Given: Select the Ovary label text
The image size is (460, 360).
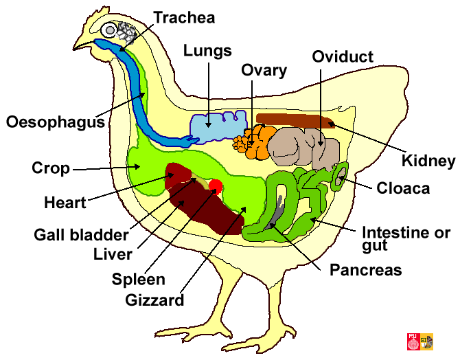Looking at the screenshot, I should [x=264, y=70].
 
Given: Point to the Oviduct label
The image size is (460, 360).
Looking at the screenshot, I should [x=343, y=56].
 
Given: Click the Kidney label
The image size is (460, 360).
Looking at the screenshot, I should [x=428, y=161].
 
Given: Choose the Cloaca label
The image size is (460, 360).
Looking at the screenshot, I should [x=403, y=188].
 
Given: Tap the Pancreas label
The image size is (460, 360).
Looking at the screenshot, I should [x=366, y=270].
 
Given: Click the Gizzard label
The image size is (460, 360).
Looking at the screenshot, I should [x=155, y=300].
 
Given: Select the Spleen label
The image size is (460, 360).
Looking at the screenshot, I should [x=139, y=278].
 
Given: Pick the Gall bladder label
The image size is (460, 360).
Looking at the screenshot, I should [x=81, y=234].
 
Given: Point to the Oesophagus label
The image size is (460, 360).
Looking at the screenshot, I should [x=55, y=123].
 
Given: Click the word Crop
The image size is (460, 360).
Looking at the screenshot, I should [x=51, y=168].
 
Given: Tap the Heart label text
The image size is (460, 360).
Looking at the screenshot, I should [x=65, y=203].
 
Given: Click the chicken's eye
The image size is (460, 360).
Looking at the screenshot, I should [x=110, y=30].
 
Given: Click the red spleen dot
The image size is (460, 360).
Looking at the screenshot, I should [x=216, y=185].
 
